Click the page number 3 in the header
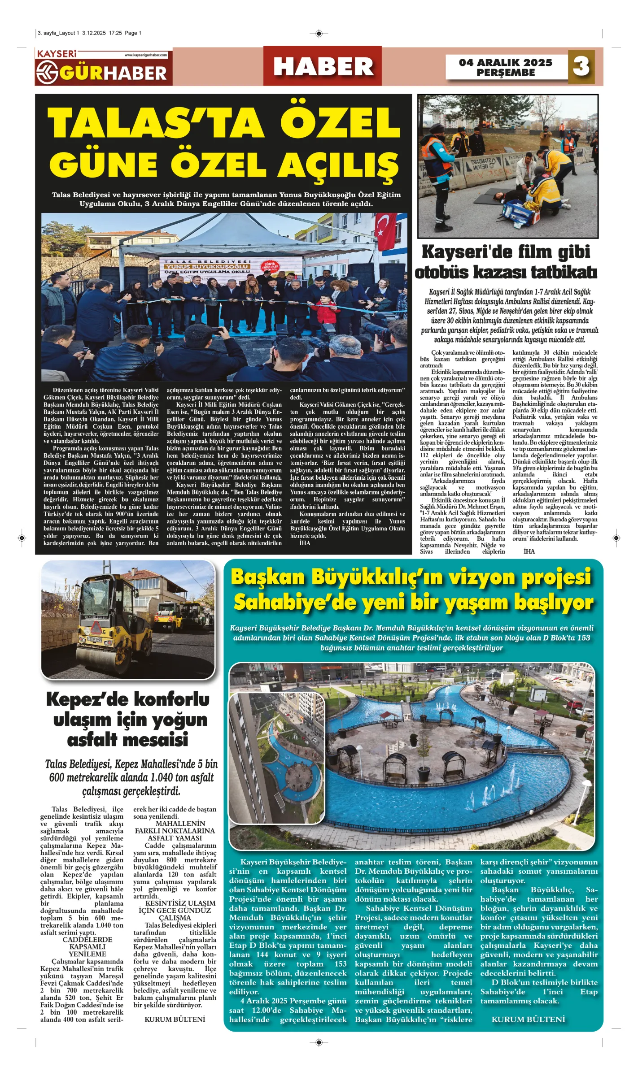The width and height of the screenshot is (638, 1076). [x=581, y=66]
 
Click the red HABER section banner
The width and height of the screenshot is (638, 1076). [x=323, y=66]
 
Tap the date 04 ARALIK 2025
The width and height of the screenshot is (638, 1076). [x=505, y=62]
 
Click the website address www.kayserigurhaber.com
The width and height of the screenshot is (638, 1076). [x=145, y=55]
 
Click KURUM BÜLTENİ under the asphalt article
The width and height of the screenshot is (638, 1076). [x=175, y=1019]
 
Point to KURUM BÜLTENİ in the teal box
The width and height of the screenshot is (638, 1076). [x=528, y=1020]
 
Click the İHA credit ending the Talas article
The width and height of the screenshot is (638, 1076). [x=305, y=543]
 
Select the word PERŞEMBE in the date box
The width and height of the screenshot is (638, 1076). [x=505, y=73]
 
